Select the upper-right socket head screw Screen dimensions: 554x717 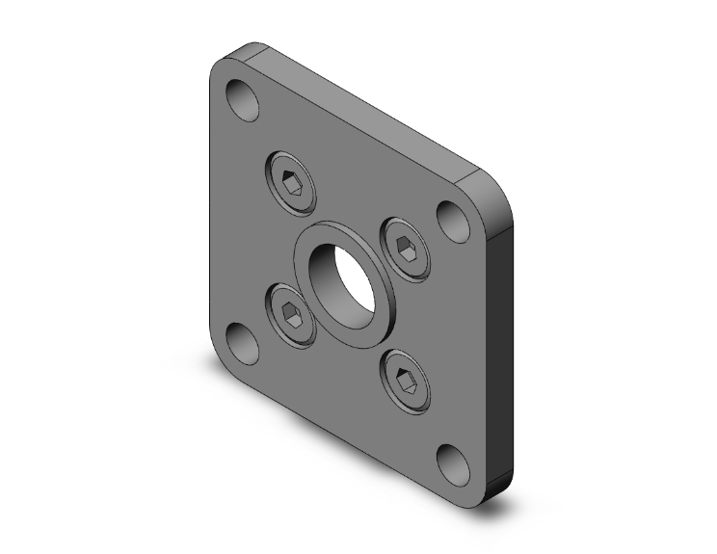(406, 249)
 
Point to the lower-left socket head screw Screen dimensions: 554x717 (290, 314)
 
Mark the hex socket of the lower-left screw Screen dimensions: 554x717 (290, 314)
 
